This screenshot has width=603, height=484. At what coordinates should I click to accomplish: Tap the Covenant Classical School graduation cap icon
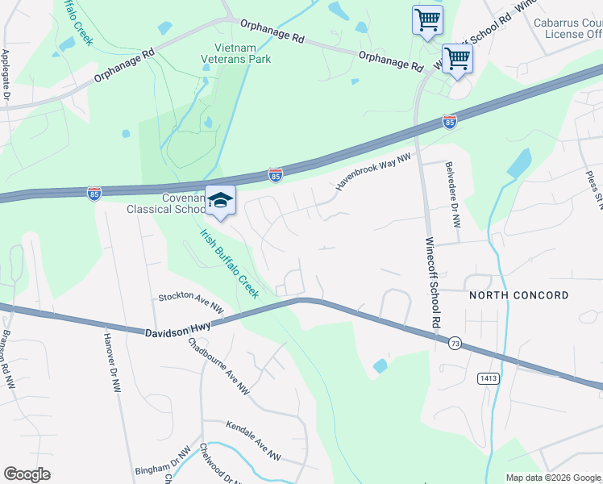coord(219,200)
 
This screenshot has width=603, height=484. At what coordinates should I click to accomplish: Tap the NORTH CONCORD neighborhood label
coord(518,296)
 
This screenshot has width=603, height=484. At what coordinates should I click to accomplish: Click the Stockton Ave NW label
coord(191,302)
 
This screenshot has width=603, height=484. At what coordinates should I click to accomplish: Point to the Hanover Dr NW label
coord(112,364)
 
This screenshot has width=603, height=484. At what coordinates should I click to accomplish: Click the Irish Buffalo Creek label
coord(230,263)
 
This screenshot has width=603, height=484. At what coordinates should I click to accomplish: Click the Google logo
coord(27,474)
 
